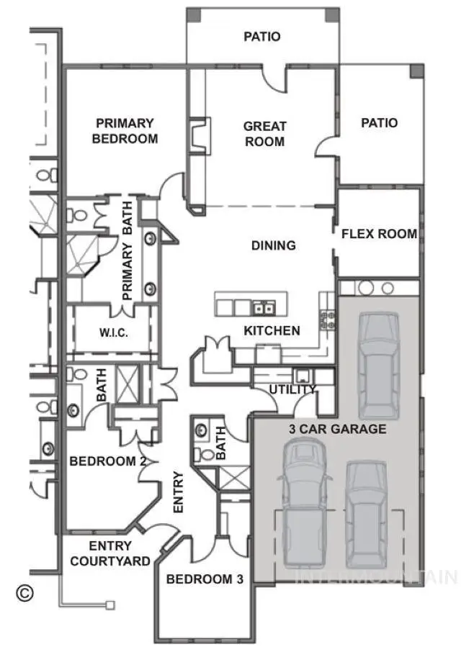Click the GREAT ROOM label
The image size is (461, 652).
pyautogui.click(x=264, y=134)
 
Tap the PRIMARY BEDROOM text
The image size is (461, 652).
pyautogui.click(x=125, y=131)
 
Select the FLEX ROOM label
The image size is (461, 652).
pyautogui.click(x=379, y=234)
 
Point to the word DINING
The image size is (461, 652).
pyautogui.click(x=273, y=245)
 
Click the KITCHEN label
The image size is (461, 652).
pyautogui.click(x=272, y=331)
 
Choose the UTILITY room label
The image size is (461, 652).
pyautogui.click(x=292, y=389)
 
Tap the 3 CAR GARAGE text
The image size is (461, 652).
pyautogui.click(x=337, y=429)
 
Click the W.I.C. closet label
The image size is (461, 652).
pyautogui.click(x=113, y=333)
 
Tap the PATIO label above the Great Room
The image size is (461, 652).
pyautogui.click(x=261, y=36)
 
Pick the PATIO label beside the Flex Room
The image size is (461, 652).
pyautogui.click(x=379, y=123)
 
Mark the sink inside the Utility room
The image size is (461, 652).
pyautogui.click(x=301, y=376)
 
